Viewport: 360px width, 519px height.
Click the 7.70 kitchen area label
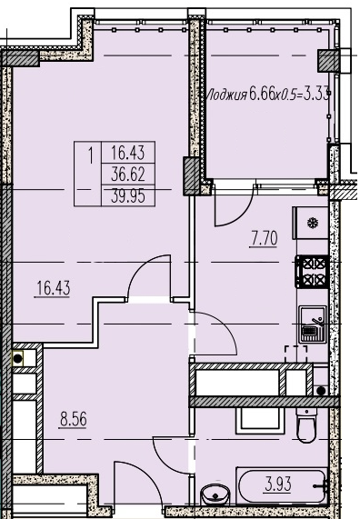[264, 239]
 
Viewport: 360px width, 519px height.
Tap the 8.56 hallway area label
[74, 419]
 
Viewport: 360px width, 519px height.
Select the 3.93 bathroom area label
[278, 484]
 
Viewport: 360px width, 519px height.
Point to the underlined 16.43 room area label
[53, 288]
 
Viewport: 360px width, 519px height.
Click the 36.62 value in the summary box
[128, 175]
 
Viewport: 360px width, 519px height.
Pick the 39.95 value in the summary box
[128, 196]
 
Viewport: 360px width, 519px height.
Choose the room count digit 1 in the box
[90, 155]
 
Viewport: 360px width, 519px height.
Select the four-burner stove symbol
[312, 272]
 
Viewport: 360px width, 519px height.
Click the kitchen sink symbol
[313, 324]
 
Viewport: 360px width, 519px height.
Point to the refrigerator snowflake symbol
[312, 223]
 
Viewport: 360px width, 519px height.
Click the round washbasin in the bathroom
[215, 494]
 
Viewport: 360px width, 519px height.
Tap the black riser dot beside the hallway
[17, 358]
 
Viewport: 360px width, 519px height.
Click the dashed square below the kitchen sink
[296, 354]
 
